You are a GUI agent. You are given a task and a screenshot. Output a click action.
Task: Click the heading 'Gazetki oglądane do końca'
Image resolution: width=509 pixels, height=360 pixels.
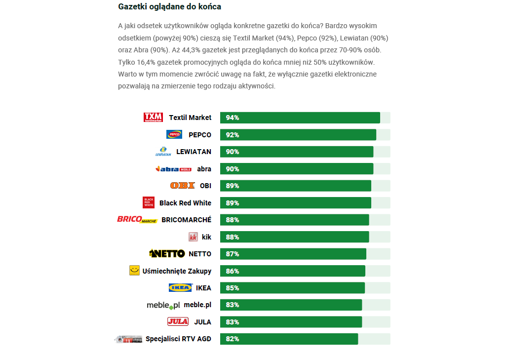(x=169, y=7)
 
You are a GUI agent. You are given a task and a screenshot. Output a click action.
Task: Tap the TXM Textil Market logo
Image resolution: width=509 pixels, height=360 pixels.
(x=153, y=118)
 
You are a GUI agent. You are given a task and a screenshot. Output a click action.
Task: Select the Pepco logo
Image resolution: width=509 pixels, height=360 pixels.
(x=174, y=134)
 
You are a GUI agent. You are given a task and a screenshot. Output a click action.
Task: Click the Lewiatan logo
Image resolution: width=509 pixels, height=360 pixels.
(x=163, y=152)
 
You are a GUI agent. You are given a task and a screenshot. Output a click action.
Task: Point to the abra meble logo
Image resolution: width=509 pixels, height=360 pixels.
(x=173, y=169)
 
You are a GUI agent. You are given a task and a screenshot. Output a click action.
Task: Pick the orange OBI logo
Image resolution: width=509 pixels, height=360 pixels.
(x=183, y=186)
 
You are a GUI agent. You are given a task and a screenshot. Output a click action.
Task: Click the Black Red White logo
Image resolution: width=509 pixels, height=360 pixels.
(x=149, y=202)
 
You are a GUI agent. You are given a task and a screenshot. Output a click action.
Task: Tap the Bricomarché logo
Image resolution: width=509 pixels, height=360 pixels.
(x=137, y=220)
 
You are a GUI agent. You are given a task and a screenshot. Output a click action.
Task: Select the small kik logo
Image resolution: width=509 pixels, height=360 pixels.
(x=193, y=237)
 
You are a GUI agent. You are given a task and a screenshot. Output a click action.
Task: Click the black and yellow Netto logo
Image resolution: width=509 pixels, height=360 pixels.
(x=167, y=254)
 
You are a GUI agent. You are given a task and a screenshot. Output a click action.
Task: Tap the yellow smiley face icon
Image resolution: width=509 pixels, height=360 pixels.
(x=134, y=271)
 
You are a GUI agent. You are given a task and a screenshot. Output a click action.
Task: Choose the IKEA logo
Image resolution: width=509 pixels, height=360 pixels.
(x=180, y=288)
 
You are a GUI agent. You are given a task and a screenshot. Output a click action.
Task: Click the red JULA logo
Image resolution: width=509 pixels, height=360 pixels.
(x=178, y=322)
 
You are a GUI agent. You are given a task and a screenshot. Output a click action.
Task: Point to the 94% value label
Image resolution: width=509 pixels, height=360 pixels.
(x=233, y=118)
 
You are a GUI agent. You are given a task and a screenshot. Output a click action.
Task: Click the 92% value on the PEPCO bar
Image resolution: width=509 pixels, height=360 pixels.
(x=233, y=135)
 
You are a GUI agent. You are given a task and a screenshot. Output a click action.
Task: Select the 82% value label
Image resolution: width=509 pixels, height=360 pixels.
(x=233, y=339)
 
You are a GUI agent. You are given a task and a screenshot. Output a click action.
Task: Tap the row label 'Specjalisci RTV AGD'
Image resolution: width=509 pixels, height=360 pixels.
(x=178, y=339)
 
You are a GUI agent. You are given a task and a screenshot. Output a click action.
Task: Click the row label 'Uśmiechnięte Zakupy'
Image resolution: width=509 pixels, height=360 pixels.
(x=177, y=271)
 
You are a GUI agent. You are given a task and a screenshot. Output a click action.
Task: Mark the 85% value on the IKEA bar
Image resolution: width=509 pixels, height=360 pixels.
(x=233, y=288)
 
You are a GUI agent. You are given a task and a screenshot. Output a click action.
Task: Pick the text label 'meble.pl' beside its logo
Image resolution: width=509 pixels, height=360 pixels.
(x=197, y=305)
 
